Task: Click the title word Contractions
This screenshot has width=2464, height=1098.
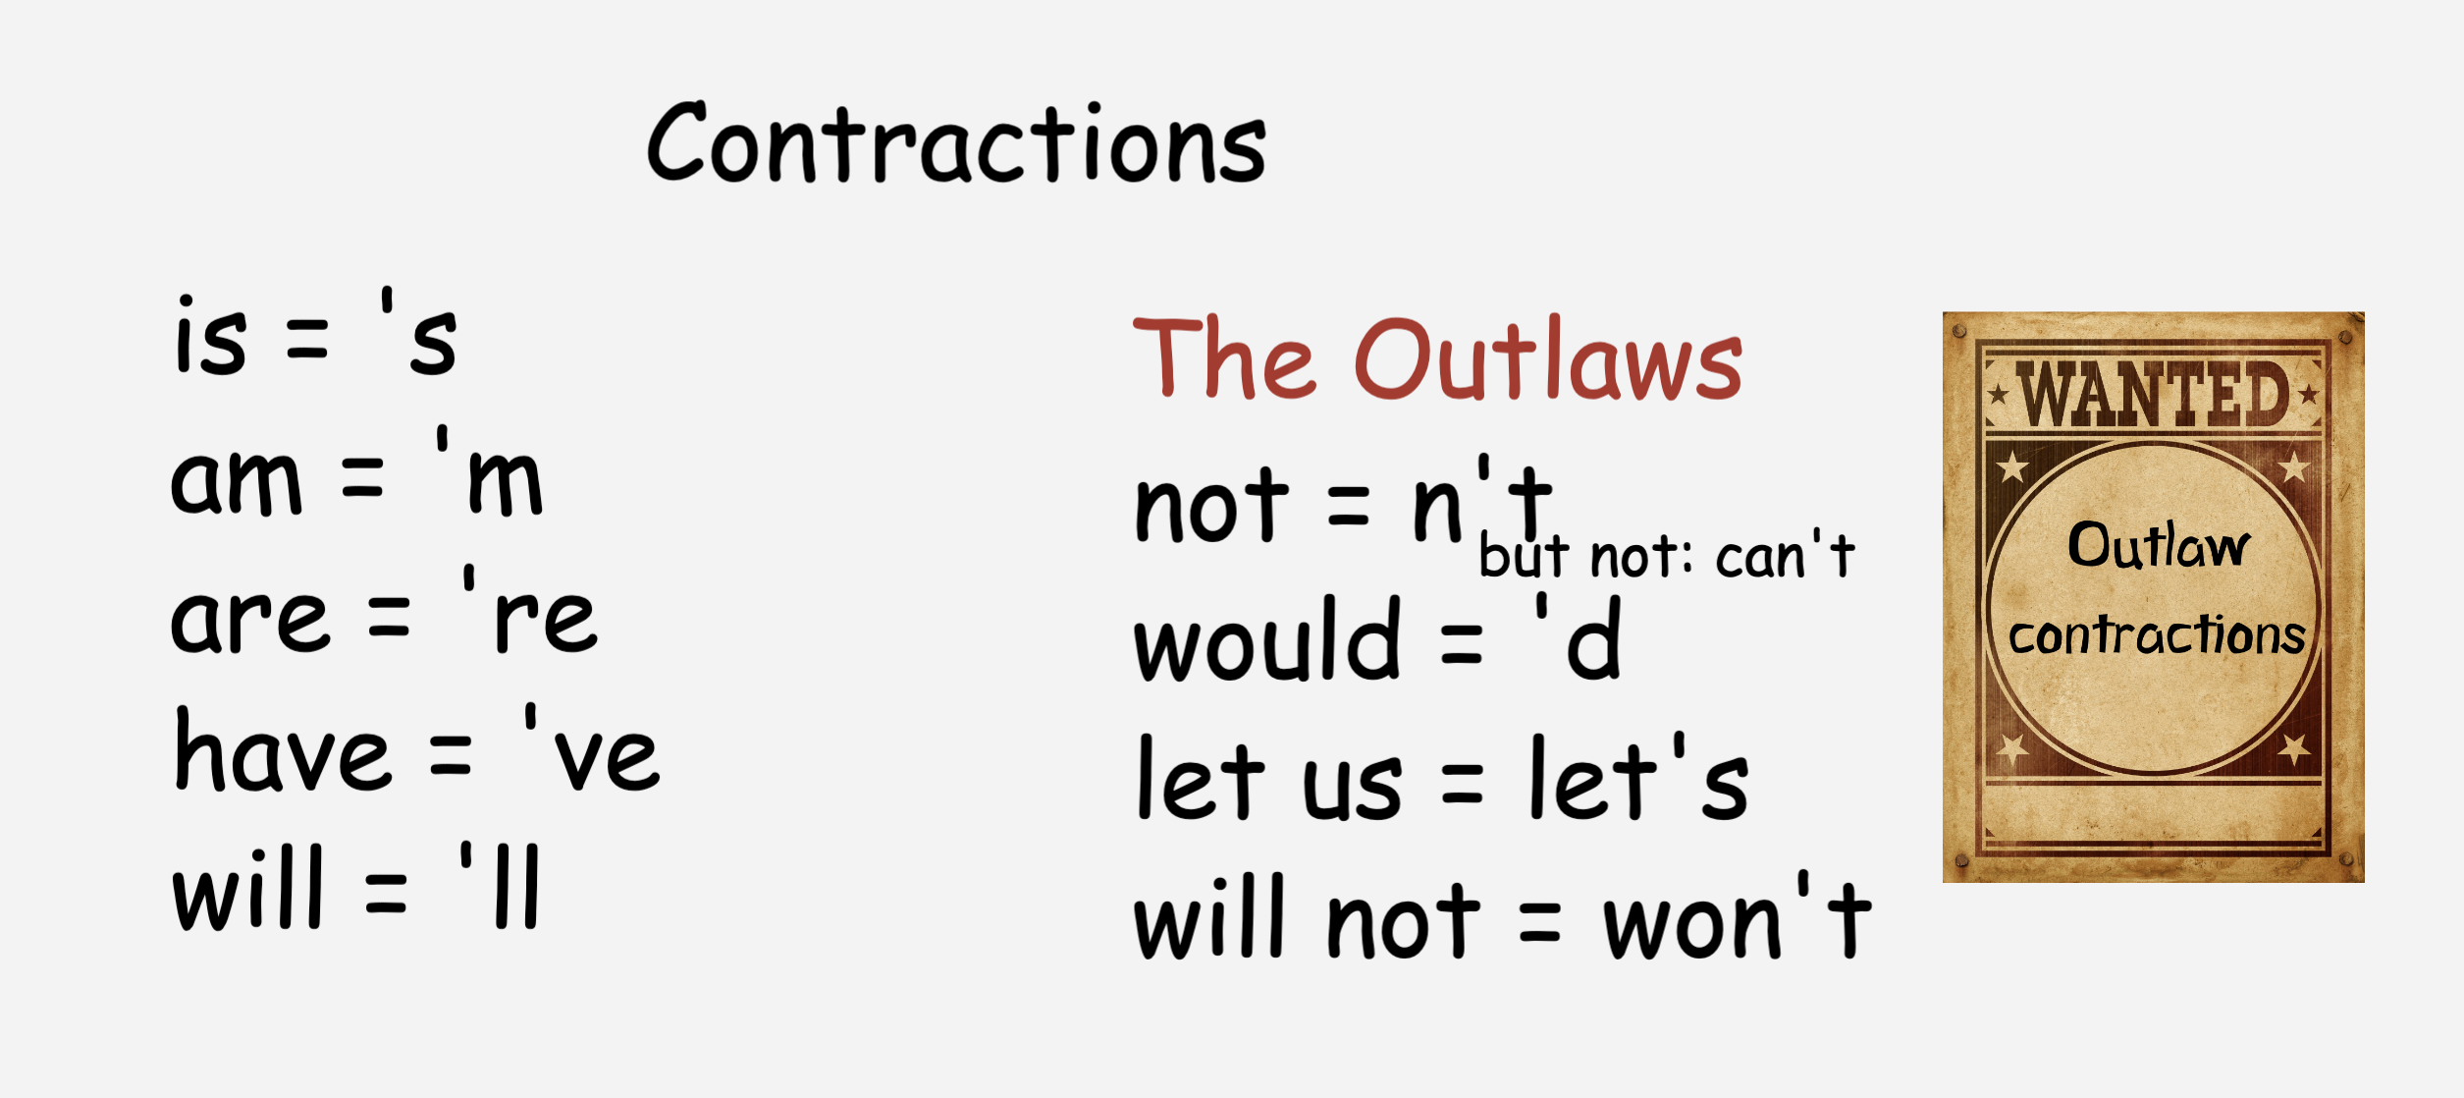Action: click(957, 143)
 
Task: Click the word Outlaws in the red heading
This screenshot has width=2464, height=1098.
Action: click(1548, 359)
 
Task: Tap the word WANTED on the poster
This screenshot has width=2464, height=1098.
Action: click(2154, 395)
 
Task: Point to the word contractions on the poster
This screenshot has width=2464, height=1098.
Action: click(2157, 634)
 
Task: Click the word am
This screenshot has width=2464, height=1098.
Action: click(236, 481)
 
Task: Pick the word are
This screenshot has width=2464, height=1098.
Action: click(250, 621)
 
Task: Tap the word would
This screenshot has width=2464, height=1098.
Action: click(1267, 638)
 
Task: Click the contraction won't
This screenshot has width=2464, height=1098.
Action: click(1738, 917)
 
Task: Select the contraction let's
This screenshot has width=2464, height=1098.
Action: click(1639, 778)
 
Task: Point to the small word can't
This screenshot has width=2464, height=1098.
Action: click(1786, 556)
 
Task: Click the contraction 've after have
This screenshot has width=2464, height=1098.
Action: click(592, 748)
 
